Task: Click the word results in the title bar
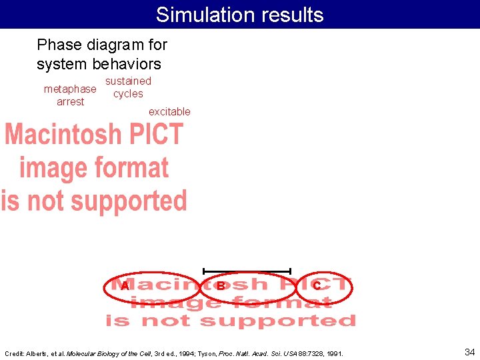pyautogui.click(x=288, y=15)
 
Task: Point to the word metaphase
pyautogui.click(x=69, y=89)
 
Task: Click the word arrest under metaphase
pyautogui.click(x=70, y=101)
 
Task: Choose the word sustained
pyautogui.click(x=128, y=81)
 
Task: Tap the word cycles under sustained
pyautogui.click(x=128, y=93)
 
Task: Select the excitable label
pyautogui.click(x=169, y=111)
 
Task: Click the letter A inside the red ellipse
pyautogui.click(x=125, y=285)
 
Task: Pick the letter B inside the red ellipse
pyautogui.click(x=220, y=285)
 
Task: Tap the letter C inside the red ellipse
pyautogui.click(x=317, y=285)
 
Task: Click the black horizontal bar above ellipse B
pyautogui.click(x=247, y=271)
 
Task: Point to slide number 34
pyautogui.click(x=469, y=351)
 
